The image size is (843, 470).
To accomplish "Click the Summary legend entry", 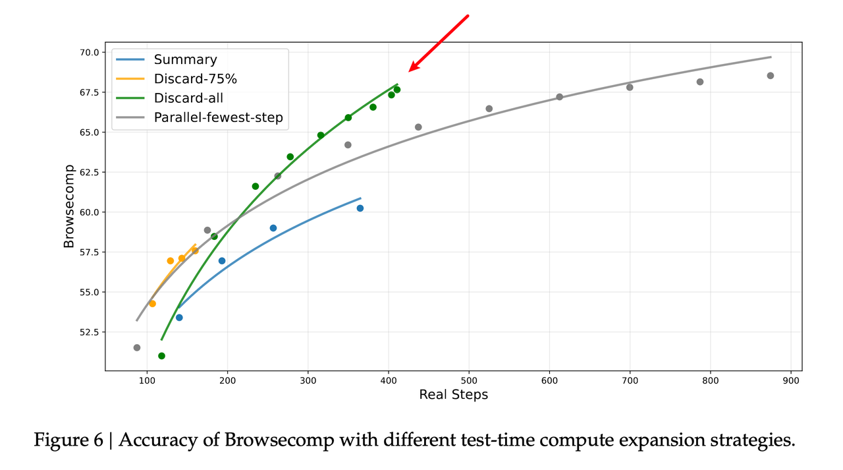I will coord(185,60).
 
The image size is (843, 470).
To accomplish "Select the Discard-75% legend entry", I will coord(195,79).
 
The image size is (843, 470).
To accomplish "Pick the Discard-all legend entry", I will coord(188,98).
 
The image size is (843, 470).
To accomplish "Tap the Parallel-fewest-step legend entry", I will coord(218,118).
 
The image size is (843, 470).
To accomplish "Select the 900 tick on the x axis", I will coord(792,381).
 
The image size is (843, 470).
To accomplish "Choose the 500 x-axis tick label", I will coord(469,381).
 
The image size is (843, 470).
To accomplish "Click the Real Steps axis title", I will coord(453,395).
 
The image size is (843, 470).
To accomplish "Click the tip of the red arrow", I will coord(410,71).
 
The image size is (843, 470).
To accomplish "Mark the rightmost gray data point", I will coord(771,76).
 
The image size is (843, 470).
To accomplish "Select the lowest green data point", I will coord(161,356).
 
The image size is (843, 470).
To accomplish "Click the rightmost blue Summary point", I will coord(360,208).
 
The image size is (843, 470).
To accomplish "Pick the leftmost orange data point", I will coord(152,304).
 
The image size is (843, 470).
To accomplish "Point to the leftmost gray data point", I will coord(137,347).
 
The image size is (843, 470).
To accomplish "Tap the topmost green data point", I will coord(396,90).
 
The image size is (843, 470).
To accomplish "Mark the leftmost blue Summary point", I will coord(179,318).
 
